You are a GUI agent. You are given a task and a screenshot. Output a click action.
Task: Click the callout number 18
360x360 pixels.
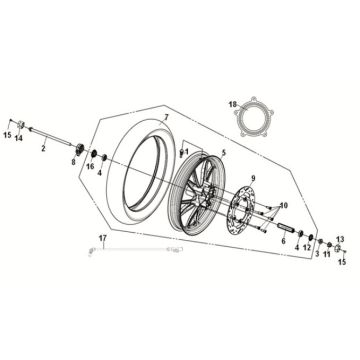232,104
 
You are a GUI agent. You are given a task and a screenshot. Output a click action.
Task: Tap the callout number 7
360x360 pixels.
167,119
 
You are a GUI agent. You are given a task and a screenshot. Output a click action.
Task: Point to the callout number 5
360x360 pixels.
224,152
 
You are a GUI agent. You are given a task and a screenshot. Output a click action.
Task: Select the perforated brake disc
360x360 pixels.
243,211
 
